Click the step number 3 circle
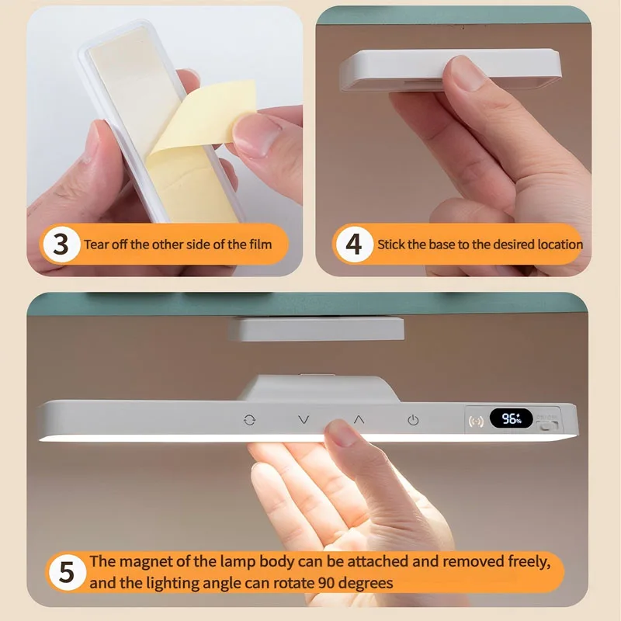coord(61,245)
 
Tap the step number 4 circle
coord(353,245)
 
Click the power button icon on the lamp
coord(413,420)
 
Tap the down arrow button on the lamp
coord(304,420)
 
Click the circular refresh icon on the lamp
coord(248,420)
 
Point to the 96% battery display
coord(511,419)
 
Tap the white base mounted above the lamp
coord(317,329)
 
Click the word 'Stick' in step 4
coord(391,245)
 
